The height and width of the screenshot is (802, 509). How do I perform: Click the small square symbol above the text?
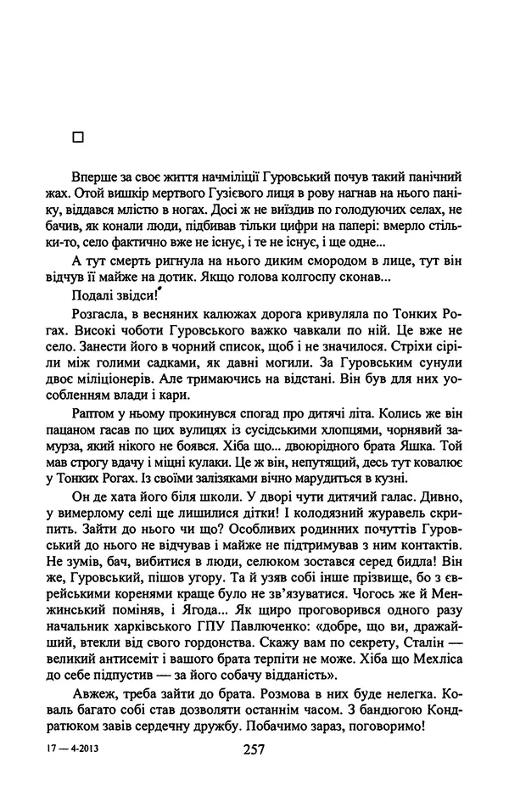(79, 135)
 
